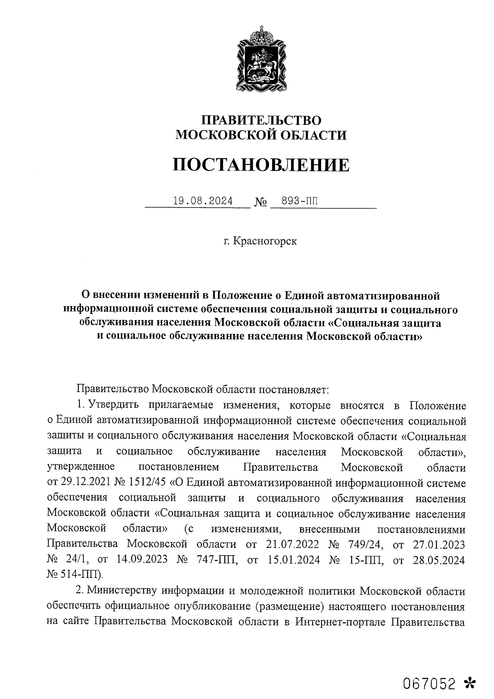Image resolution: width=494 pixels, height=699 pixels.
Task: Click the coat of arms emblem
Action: (260, 59)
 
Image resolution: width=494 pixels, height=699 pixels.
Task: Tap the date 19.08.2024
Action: (203, 201)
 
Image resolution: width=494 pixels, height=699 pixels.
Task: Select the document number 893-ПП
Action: (300, 201)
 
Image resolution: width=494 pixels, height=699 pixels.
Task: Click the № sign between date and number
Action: (261, 202)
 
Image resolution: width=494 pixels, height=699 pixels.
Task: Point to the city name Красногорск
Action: (265, 241)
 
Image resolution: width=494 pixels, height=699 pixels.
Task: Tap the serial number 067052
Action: (430, 672)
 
